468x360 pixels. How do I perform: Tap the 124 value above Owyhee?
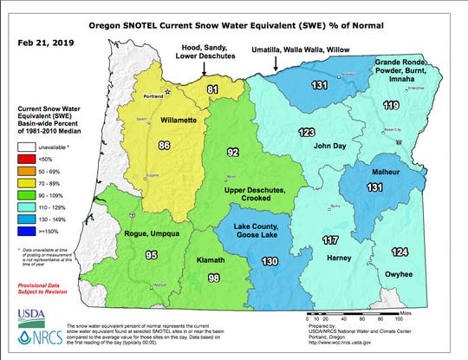(399, 252)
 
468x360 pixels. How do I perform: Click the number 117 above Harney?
(330, 239)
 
